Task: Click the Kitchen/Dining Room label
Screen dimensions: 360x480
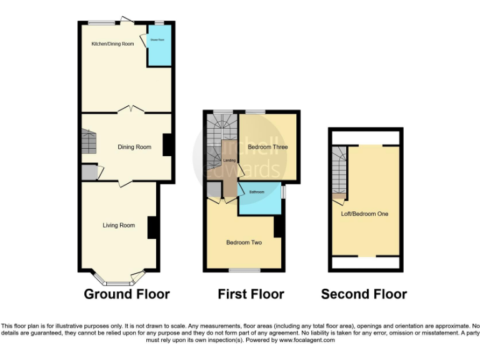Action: (112, 44)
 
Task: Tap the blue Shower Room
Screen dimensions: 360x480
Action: (159, 47)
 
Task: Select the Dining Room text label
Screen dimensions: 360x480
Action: (135, 147)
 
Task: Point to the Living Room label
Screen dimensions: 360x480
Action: (119, 225)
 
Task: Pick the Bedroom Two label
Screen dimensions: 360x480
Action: (244, 242)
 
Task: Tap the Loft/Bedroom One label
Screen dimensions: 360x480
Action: (364, 214)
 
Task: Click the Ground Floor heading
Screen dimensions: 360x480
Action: (127, 294)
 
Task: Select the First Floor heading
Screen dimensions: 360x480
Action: (251, 294)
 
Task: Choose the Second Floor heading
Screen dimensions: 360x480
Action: (364, 294)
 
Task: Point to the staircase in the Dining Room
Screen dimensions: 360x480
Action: (89, 142)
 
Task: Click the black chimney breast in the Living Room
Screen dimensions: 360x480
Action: (152, 227)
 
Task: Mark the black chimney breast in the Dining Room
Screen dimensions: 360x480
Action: (167, 145)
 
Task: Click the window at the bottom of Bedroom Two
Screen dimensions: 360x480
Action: (244, 271)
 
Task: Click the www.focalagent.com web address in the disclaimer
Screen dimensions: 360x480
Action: (306, 341)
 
